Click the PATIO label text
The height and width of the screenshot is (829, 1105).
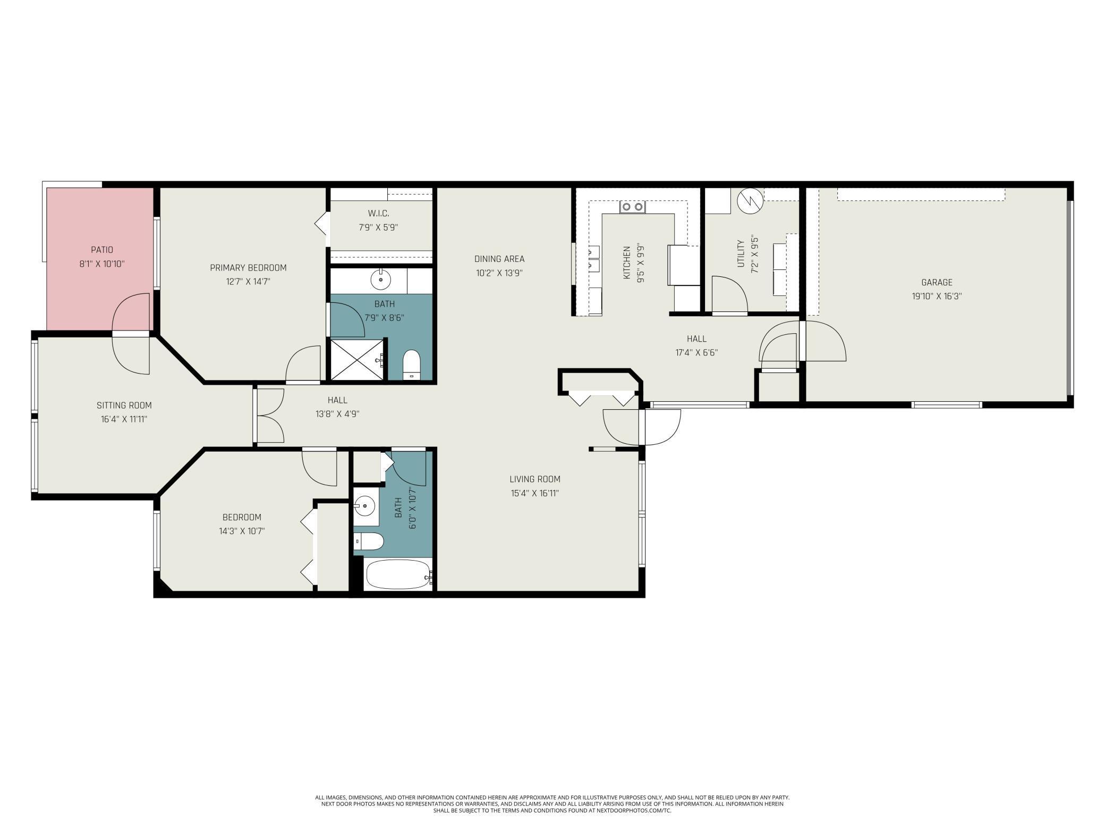[102, 250]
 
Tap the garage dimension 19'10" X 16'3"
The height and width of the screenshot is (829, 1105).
[937, 297]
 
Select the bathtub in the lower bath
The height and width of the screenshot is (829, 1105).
[398, 574]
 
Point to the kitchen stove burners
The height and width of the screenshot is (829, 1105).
[632, 207]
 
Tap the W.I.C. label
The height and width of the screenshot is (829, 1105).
[378, 214]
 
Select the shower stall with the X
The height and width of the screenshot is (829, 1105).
[356, 360]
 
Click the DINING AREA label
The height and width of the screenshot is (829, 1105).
[499, 259]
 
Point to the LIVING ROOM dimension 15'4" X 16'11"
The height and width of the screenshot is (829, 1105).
[534, 493]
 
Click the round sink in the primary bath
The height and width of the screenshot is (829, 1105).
[381, 279]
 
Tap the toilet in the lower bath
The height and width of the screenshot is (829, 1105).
[369, 542]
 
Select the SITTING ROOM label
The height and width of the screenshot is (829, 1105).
[124, 405]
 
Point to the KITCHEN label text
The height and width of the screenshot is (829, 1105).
[627, 263]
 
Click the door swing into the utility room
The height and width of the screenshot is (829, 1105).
[729, 295]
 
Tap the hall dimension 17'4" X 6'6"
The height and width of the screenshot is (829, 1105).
[696, 352]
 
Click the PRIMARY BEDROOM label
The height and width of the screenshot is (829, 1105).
[248, 268]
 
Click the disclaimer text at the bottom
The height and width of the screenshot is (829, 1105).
[552, 804]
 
